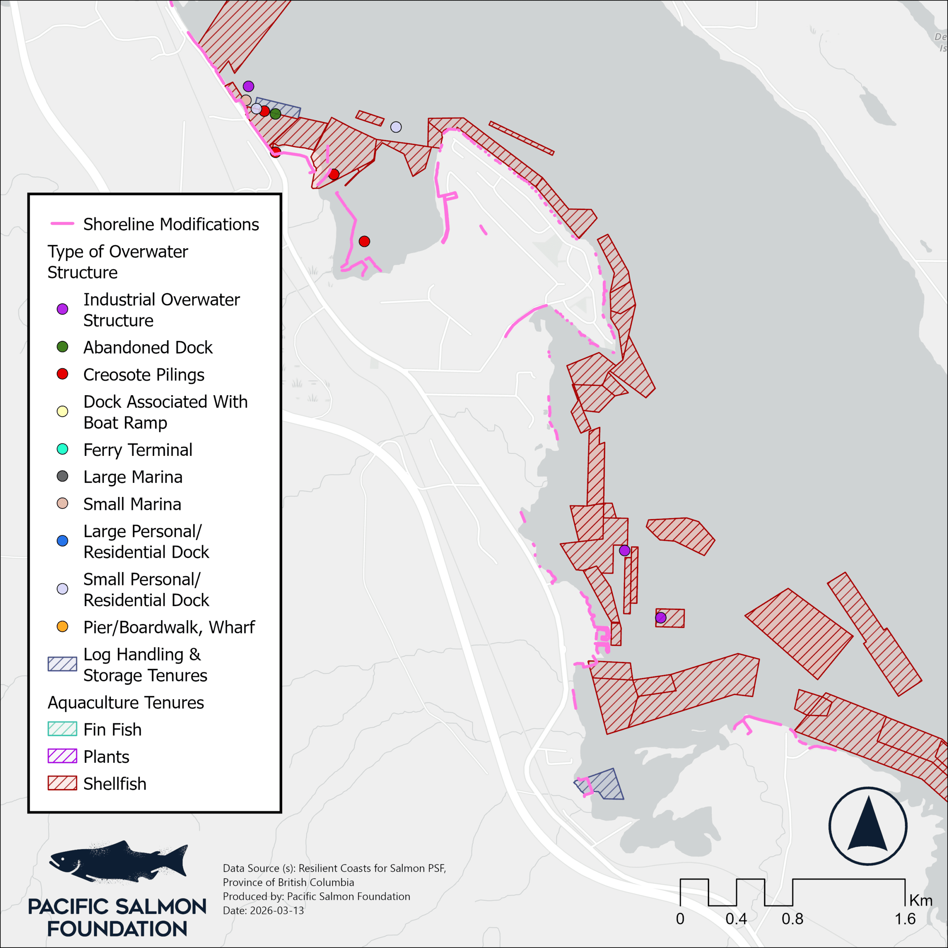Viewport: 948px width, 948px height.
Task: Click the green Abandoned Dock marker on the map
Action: (x=275, y=114)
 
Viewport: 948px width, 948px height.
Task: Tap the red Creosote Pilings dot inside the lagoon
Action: (x=364, y=241)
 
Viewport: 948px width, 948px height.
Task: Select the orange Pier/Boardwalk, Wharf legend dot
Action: (x=62, y=627)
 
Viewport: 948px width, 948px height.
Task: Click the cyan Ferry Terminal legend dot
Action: (x=62, y=449)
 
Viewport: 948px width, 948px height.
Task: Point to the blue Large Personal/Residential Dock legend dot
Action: (x=62, y=541)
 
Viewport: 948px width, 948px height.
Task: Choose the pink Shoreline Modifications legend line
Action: (x=62, y=224)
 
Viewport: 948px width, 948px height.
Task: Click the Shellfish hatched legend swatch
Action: (x=62, y=783)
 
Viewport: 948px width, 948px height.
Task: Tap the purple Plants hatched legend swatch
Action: (x=62, y=756)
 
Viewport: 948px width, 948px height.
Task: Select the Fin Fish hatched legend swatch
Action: (x=62, y=729)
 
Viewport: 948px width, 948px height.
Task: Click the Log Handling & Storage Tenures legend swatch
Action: (x=62, y=664)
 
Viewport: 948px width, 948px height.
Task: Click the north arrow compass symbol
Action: (x=868, y=826)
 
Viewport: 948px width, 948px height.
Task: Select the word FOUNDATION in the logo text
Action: (x=117, y=929)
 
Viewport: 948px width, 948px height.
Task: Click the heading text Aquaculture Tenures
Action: (x=126, y=702)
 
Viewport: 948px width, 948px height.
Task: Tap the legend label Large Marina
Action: (x=133, y=477)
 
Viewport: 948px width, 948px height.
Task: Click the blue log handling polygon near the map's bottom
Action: (x=604, y=784)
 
